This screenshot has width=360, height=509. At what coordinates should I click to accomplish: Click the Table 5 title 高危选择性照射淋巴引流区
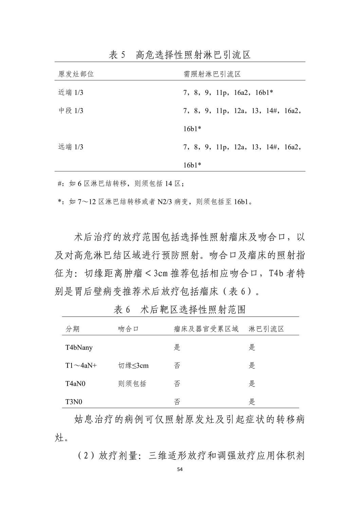tap(180, 55)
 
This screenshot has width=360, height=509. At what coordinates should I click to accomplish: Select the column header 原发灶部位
tap(76, 74)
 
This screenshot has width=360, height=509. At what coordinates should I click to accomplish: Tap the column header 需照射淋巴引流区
tap(212, 74)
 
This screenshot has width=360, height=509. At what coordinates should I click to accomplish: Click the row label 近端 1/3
tap(71, 92)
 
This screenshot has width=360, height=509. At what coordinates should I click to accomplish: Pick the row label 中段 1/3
tap(71, 111)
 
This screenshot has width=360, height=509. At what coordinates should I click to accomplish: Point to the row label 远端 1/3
tap(71, 147)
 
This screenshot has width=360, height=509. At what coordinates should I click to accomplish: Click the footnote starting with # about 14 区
tap(121, 184)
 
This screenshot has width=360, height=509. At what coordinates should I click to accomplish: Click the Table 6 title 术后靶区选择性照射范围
tap(180, 309)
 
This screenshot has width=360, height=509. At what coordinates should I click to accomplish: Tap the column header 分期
tap(73, 329)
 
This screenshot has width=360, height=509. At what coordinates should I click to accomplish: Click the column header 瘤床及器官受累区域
tap(206, 329)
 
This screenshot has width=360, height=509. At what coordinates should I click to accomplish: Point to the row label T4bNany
tap(79, 347)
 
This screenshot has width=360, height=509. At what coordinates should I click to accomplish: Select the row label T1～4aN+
tap(81, 365)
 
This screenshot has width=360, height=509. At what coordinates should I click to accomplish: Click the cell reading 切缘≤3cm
tap(133, 365)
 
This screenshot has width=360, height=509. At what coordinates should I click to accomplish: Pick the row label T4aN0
tap(75, 384)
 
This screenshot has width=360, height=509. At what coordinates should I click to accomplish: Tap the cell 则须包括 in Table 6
tap(132, 384)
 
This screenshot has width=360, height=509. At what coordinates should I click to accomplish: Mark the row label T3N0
tap(74, 402)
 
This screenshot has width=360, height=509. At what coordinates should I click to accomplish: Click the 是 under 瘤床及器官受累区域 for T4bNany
tap(177, 347)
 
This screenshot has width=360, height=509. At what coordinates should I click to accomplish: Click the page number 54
tap(180, 470)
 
